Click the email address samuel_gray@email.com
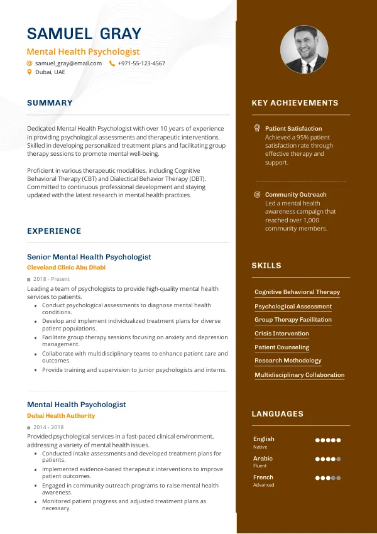pyautogui.click(x=68, y=63)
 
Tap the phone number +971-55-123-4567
pyautogui.click(x=141, y=63)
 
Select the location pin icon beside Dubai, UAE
pyautogui.click(x=29, y=72)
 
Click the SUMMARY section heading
pyautogui.click(x=50, y=103)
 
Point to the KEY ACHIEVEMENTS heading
pyautogui.click(x=295, y=103)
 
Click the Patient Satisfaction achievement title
pyautogui.click(x=293, y=129)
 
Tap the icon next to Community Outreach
pyautogui.click(x=257, y=195)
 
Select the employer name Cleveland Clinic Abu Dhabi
pyautogui.click(x=66, y=268)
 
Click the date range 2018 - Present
pyautogui.click(x=52, y=279)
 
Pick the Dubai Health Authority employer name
pyautogui.click(x=61, y=416)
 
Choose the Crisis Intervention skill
pyautogui.click(x=281, y=334)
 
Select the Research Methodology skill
pyautogui.click(x=288, y=361)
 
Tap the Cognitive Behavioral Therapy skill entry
pyautogui.click(x=297, y=292)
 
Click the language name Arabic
pyautogui.click(x=263, y=459)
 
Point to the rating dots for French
pyautogui.click(x=327, y=478)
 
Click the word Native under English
pyautogui.click(x=260, y=447)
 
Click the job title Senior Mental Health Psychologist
pyautogui.click(x=89, y=257)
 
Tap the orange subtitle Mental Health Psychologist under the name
pyautogui.click(x=83, y=52)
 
